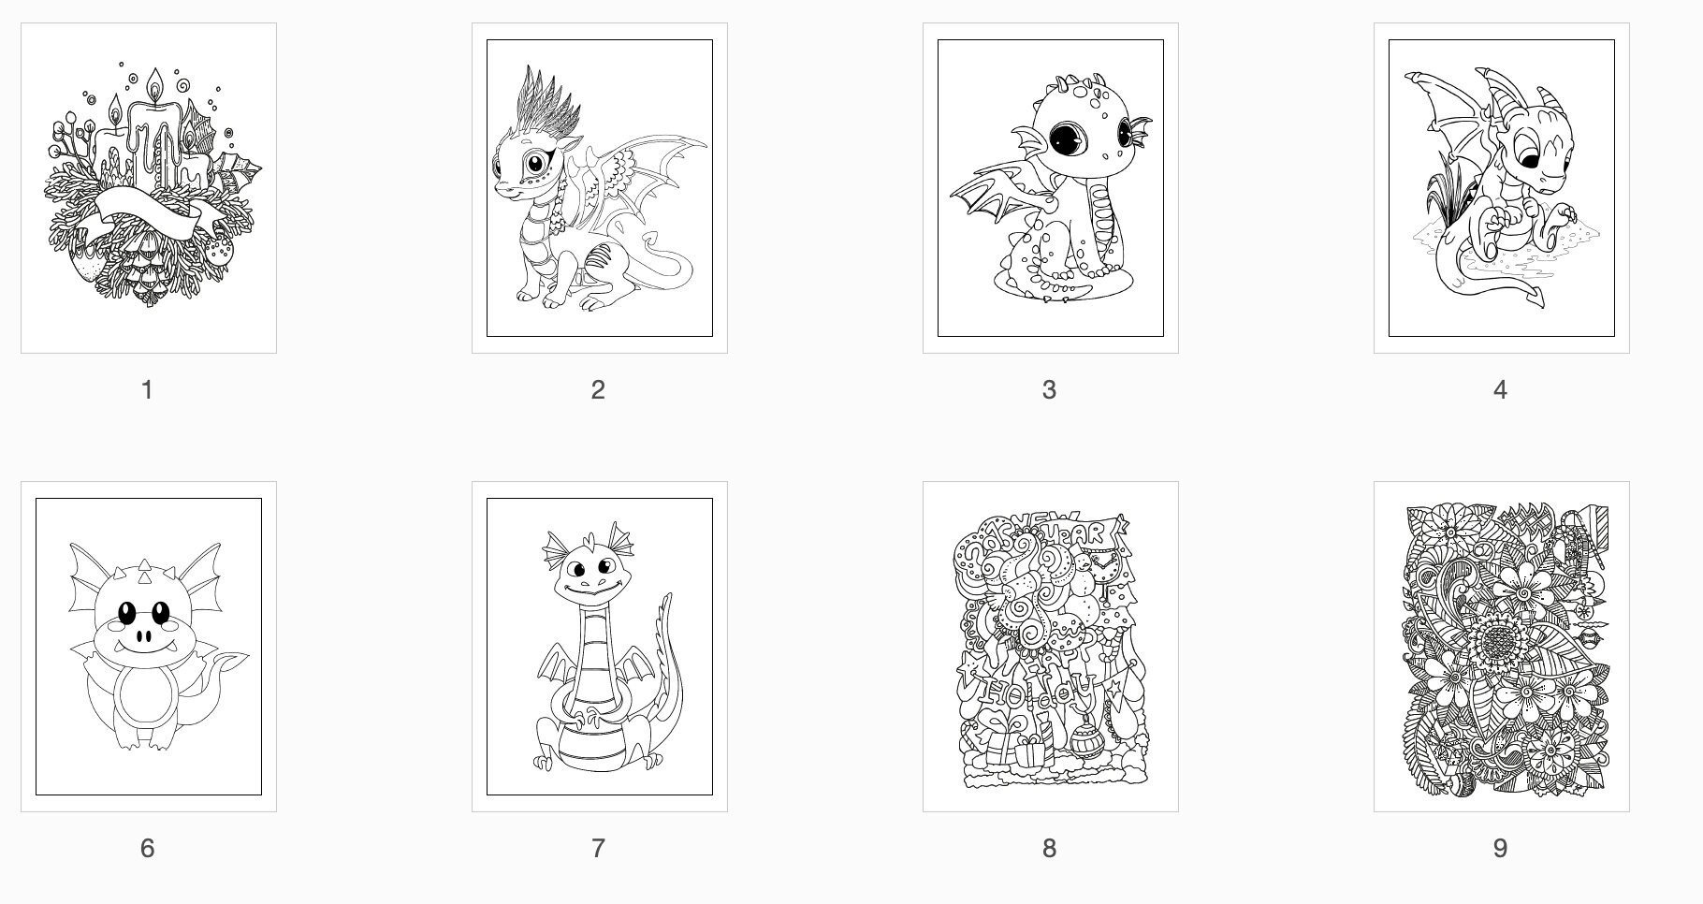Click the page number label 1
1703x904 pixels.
tap(147, 390)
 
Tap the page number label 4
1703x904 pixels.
tap(1500, 390)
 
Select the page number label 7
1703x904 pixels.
tap(598, 849)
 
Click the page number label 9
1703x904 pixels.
tap(1500, 849)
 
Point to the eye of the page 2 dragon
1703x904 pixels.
tap(536, 164)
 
